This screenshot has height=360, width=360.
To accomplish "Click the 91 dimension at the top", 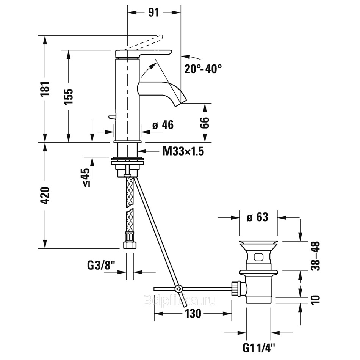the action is tap(153, 13).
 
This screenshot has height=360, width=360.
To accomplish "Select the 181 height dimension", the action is tap(45, 89).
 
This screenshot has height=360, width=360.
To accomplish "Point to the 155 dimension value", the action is tap(68, 97).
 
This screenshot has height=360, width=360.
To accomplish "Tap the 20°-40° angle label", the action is tap(203, 69).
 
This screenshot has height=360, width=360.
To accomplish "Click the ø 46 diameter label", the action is tap(163, 125).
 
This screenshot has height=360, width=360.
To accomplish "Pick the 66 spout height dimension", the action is tap(205, 123).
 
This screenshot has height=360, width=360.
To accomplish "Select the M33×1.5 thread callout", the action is tap(183, 151).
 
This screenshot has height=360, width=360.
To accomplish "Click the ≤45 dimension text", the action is tap(86, 177).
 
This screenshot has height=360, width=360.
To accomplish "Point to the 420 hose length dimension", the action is tap(45, 195).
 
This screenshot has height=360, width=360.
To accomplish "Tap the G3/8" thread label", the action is tap(101, 266).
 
